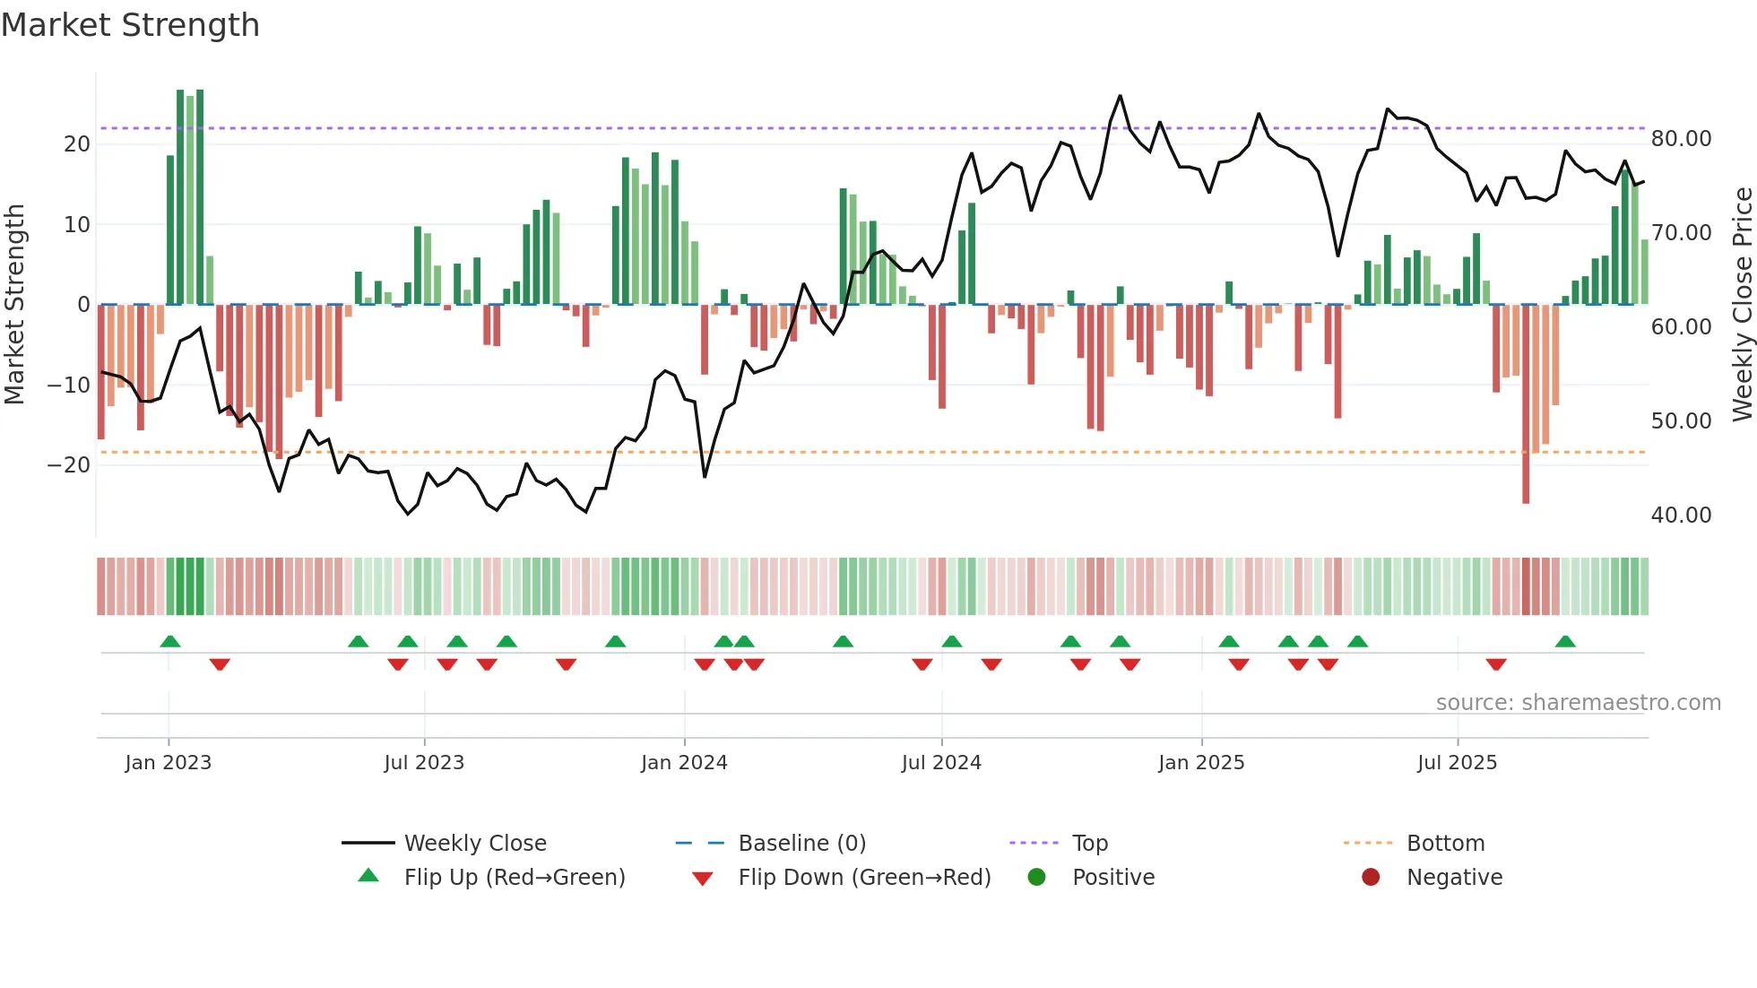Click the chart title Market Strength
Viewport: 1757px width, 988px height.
pyautogui.click(x=130, y=25)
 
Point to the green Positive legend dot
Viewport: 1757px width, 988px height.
pyautogui.click(x=1037, y=877)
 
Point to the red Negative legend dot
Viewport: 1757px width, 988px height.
pyautogui.click(x=1371, y=877)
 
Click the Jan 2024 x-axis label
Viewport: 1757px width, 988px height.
pyautogui.click(x=684, y=763)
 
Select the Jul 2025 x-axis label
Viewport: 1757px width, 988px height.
pyautogui.click(x=1457, y=763)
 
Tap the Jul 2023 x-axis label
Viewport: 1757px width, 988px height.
pyautogui.click(x=424, y=763)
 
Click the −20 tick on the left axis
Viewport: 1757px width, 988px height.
pyautogui.click(x=69, y=464)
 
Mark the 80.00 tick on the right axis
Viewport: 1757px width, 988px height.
pyautogui.click(x=1681, y=139)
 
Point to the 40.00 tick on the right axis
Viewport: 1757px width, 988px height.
pyautogui.click(x=1681, y=515)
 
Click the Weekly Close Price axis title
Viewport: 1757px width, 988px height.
pyautogui.click(x=1742, y=305)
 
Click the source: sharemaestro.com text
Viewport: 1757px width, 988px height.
pyautogui.click(x=1578, y=702)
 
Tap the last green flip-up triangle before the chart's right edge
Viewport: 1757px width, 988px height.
pyautogui.click(x=1565, y=641)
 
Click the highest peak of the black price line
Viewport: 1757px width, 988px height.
pyautogui.click(x=1120, y=96)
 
